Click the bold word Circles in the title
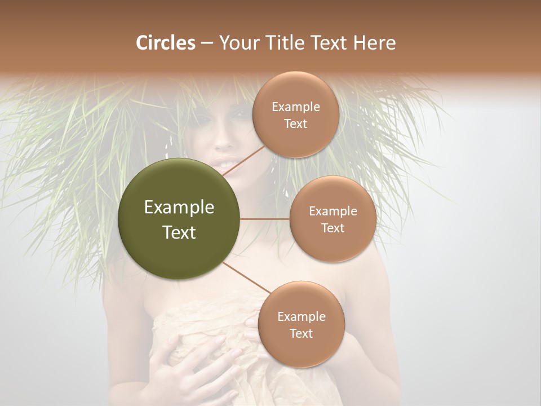pyautogui.click(x=166, y=43)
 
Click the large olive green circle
pyautogui.click(x=179, y=219)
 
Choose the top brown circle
pyautogui.click(x=295, y=114)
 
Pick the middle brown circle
pyautogui.click(x=332, y=219)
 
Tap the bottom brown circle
pyautogui.click(x=301, y=324)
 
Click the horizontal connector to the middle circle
pyautogui.click(x=265, y=219)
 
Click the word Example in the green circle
pyautogui.click(x=179, y=208)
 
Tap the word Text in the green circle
pyautogui.click(x=179, y=232)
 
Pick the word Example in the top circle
pyautogui.click(x=295, y=107)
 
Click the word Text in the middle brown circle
pyautogui.click(x=332, y=228)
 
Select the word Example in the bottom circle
pyautogui.click(x=301, y=316)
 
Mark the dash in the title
pyautogui.click(x=207, y=43)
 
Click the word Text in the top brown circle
pyautogui.click(x=295, y=123)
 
